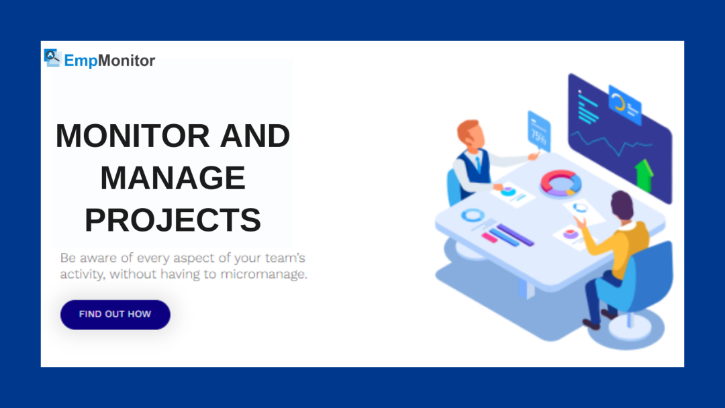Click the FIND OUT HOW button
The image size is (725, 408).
pos(115,314)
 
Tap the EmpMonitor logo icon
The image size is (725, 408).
pos(52,58)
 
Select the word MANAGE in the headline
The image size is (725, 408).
pos(173,178)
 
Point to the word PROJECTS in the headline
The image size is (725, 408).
pos(173,220)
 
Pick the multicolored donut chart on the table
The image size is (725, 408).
pos(561,183)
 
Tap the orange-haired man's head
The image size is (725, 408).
pos(471,134)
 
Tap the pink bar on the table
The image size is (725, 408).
pos(490,238)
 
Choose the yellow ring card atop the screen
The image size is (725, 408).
pos(624,104)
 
